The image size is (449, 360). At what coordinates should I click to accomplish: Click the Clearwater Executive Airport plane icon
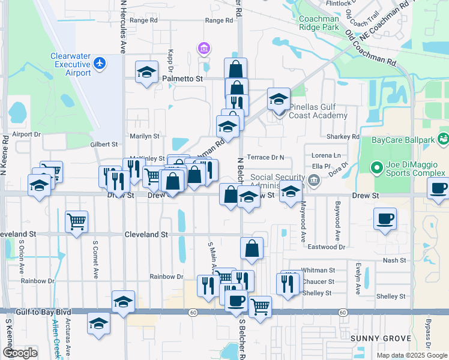(100, 62)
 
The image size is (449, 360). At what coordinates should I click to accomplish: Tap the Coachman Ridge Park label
(319, 23)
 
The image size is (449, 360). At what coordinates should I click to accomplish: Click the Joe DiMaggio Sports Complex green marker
(377, 167)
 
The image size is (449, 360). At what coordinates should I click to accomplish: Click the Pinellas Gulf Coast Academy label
(318, 111)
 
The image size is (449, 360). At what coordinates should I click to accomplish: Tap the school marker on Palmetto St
(146, 72)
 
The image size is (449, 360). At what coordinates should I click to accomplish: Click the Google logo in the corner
(20, 352)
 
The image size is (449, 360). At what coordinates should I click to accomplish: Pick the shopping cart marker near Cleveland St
(76, 222)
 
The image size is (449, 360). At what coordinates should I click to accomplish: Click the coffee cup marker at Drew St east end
(439, 188)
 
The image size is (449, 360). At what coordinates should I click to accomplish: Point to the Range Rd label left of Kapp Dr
(143, 20)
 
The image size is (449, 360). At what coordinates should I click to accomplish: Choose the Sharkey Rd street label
(342, 137)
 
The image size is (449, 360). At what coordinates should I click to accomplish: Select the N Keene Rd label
(5, 150)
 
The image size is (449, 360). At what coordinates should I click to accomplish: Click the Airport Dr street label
(26, 134)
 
